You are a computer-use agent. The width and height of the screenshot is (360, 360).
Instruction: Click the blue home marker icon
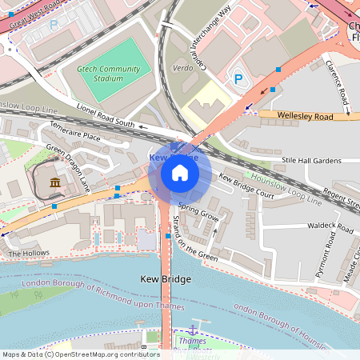180,173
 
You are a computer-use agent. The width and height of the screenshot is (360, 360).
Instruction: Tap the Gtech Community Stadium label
101,74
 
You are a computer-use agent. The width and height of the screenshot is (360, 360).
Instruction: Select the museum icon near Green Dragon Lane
54,183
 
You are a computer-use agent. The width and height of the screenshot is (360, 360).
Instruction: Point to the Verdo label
182,68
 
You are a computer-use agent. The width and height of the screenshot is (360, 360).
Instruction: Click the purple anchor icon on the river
192,329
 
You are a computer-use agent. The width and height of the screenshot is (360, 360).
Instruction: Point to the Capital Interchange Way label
202,44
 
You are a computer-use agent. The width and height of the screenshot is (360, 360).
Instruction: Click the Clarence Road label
336,83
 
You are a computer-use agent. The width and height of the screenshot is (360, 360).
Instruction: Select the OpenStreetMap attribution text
81,354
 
